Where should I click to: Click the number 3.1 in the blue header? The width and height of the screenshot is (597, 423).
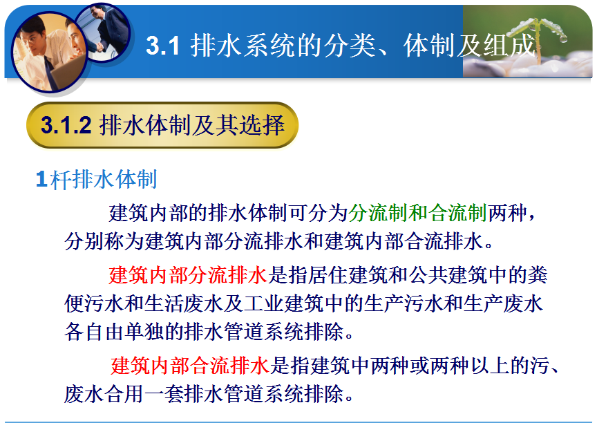(x=162, y=46)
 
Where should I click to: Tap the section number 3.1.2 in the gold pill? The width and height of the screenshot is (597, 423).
(x=66, y=125)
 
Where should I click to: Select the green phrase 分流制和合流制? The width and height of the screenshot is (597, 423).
(x=417, y=213)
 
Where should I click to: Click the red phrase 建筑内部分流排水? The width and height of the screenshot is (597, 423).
(x=189, y=275)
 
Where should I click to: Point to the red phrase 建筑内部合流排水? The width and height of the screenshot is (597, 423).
(x=190, y=366)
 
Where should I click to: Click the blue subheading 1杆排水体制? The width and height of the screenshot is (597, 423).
(x=96, y=179)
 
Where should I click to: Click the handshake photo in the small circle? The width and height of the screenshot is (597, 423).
(x=104, y=32)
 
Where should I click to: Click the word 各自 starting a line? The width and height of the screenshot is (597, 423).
(x=84, y=332)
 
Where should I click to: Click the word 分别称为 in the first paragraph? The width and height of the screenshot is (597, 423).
(x=104, y=241)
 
